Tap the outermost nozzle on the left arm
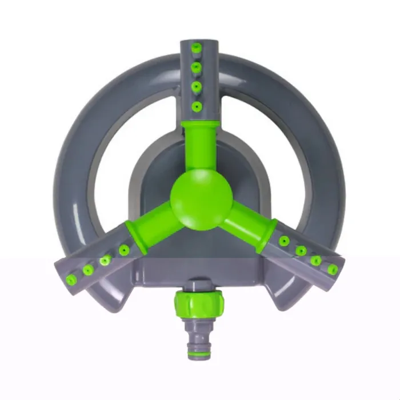(x=71, y=279)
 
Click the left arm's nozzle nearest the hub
(x=124, y=250)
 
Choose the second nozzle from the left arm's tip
(x=88, y=270)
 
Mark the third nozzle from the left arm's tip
(x=106, y=260)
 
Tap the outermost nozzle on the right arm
(x=333, y=269)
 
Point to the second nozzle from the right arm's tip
(x=316, y=260)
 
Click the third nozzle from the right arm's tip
(x=301, y=250)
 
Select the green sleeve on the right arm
(x=251, y=226)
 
